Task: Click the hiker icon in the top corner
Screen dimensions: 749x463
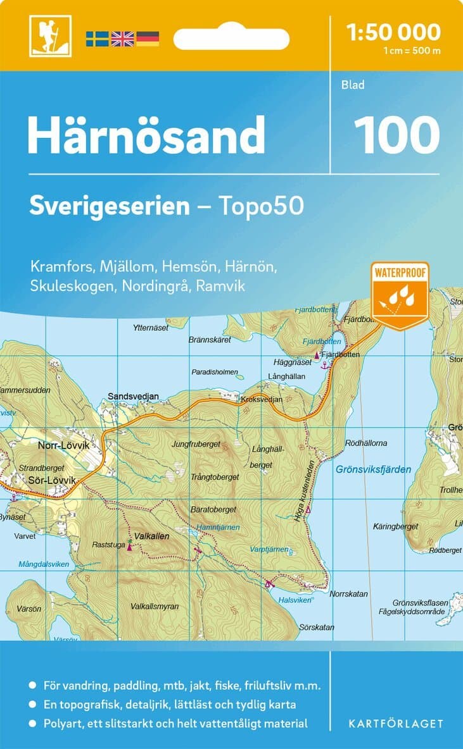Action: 49,35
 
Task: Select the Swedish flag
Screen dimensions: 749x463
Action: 98,39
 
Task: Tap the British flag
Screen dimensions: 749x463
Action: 122,39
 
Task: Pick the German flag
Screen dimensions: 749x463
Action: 147,39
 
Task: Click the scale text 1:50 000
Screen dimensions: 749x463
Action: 393,31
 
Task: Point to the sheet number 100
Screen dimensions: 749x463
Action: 396,135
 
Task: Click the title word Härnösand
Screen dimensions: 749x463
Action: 146,135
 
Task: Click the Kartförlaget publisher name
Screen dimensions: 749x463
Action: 396,723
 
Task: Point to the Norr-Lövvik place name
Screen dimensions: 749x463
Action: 61,445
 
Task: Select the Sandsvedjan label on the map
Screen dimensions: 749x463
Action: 133,397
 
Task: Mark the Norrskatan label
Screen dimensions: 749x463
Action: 349,594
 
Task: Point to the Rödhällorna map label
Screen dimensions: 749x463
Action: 366,443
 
